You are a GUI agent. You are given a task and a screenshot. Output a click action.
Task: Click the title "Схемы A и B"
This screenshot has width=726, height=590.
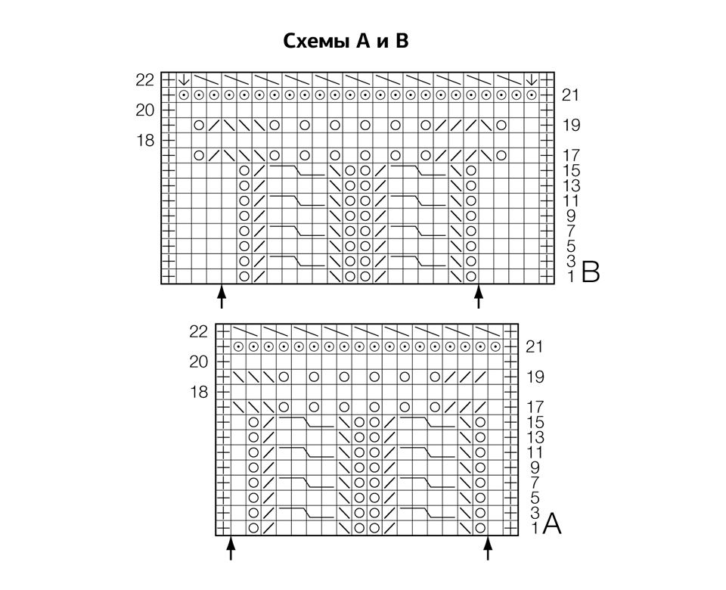pos(346,41)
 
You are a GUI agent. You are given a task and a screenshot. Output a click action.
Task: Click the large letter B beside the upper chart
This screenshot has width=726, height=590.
pos(591,272)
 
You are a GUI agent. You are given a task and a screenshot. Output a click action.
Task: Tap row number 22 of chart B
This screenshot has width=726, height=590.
pos(144,80)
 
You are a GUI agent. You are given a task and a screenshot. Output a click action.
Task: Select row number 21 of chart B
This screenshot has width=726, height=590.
pos(570,95)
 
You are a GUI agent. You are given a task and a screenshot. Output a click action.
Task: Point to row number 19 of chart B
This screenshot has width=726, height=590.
pos(572,125)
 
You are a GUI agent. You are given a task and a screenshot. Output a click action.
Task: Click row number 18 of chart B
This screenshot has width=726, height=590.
pos(145,140)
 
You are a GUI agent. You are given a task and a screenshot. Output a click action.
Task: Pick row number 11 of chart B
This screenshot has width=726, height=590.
pos(572,200)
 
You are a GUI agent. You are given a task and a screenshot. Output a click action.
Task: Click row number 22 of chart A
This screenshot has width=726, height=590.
pos(198,331)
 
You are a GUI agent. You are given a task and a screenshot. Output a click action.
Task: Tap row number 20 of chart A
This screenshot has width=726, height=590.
pos(199,362)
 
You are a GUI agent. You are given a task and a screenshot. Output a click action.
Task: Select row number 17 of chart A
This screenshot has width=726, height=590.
pos(535,407)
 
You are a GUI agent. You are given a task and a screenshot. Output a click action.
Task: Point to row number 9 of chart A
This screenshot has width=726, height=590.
pos(535,467)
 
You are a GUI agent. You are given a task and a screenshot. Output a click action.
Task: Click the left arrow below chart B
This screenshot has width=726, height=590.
pos(222,297)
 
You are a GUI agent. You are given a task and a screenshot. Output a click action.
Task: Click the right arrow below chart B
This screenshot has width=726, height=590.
pos(478,297)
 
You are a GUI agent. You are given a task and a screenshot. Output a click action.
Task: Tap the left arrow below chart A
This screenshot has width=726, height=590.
pos(231,548)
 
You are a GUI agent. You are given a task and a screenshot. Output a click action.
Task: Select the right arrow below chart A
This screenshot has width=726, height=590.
pos(488,548)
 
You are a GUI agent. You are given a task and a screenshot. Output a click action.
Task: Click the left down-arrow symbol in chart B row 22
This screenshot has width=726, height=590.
pos(184,80)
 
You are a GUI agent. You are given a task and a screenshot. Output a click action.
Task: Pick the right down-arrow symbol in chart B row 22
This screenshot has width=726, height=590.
pos(532,80)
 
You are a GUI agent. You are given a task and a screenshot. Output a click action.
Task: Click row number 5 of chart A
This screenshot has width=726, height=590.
pos(535,498)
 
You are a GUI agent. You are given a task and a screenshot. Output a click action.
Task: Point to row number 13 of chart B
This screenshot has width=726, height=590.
pos(572,186)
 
